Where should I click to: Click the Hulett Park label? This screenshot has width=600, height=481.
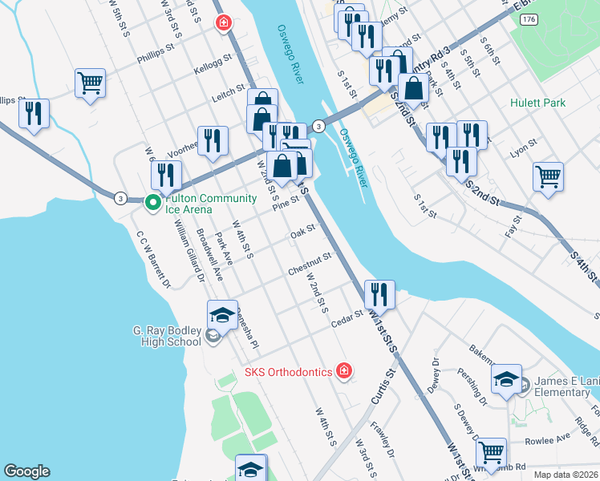(537, 103)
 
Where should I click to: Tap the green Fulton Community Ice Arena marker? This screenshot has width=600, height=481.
(152, 202)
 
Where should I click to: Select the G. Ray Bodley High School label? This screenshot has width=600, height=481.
(167, 336)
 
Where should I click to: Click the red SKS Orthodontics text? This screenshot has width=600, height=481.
(288, 372)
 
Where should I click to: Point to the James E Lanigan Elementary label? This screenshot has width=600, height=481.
(562, 386)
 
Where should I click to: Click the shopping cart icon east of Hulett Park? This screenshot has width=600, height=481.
(548, 176)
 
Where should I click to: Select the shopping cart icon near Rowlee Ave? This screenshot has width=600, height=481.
(490, 451)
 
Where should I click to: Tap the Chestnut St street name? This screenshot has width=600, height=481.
(310, 265)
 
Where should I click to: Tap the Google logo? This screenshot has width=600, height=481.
(26, 471)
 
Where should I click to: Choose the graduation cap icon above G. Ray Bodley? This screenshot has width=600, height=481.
(222, 313)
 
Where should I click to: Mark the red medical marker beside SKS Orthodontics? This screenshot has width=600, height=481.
(344, 370)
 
